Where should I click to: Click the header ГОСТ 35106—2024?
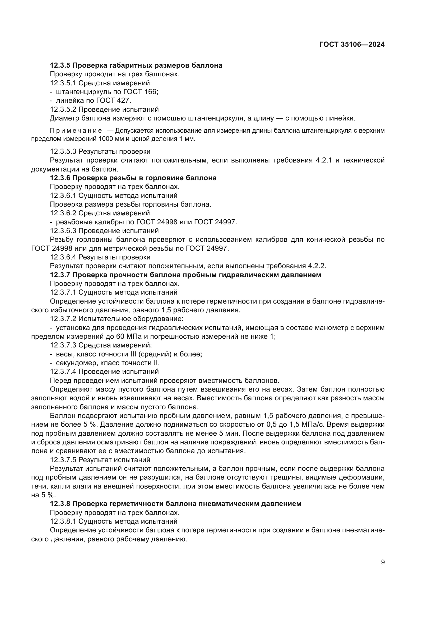[352, 45]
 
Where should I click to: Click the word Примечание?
[76, 131]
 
